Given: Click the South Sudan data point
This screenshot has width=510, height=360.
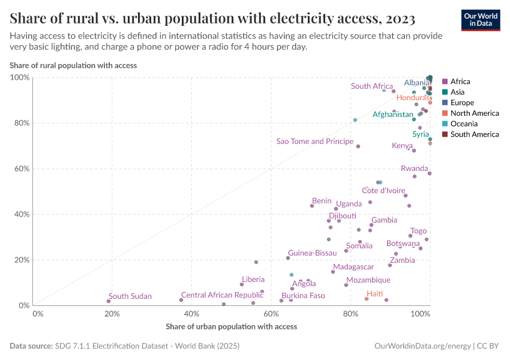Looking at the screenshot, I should [109, 301].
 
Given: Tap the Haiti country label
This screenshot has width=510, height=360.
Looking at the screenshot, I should [374, 294].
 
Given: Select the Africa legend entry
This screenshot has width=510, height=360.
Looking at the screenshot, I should [460, 82].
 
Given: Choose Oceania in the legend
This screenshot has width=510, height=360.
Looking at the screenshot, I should [463, 124].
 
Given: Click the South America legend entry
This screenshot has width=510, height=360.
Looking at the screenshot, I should [474, 134].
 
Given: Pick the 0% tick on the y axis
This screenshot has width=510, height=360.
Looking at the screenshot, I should [23, 305].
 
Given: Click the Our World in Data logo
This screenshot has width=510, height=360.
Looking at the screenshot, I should [480, 19].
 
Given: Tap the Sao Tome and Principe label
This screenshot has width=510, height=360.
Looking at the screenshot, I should [314, 142].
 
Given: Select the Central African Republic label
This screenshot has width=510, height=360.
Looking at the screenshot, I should [222, 295].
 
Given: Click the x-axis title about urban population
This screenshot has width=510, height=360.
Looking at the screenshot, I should [231, 326].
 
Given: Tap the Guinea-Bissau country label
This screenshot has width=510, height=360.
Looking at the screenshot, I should [312, 253].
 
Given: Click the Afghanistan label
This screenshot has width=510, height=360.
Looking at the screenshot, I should [392, 115].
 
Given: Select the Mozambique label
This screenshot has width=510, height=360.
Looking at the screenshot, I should [368, 280].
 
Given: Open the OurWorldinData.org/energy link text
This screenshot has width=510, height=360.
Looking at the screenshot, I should [422, 346].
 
